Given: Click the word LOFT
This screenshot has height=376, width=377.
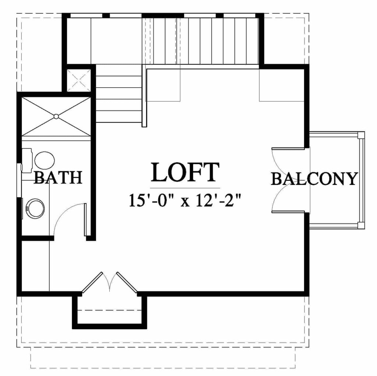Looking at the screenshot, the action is [x=185, y=172].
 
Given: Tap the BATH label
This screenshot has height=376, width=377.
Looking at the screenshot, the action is [x=58, y=178].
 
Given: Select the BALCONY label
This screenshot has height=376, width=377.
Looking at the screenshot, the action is [x=314, y=179].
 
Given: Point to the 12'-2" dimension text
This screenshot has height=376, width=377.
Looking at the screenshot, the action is [x=218, y=200].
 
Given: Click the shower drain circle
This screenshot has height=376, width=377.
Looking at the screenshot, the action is [x=56, y=117].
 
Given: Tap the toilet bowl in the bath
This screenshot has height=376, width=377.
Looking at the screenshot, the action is [x=45, y=160].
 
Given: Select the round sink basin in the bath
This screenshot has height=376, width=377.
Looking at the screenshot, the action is [x=35, y=208].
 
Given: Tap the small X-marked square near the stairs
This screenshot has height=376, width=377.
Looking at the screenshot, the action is [x=79, y=81].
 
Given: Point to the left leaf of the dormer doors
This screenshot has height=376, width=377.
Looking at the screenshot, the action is [x=92, y=282].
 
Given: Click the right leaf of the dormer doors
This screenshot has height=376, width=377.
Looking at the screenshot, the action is [x=127, y=282].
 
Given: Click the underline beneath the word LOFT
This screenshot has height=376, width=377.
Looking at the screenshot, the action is [x=185, y=188].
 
